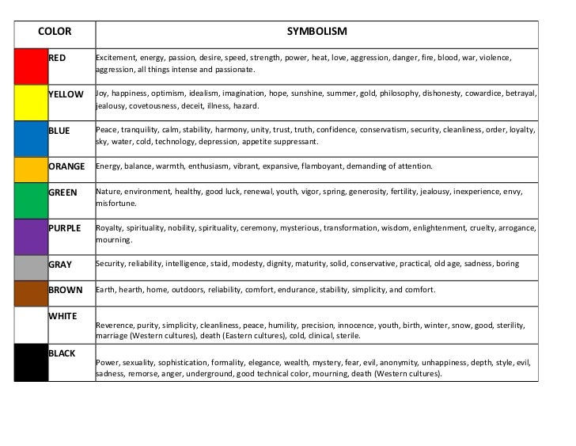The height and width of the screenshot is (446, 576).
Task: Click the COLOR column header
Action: point(55,32)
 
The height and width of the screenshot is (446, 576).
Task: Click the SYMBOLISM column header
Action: point(316,32)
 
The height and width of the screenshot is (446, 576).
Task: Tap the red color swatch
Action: point(30,64)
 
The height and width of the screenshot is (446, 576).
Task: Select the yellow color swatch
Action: point(30,100)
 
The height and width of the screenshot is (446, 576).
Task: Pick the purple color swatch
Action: point(30,234)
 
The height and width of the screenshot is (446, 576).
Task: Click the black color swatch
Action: point(30,362)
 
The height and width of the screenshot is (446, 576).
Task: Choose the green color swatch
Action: point(30,198)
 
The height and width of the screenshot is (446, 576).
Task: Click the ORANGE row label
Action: point(67,167)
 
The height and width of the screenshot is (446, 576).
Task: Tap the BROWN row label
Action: point(66,290)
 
